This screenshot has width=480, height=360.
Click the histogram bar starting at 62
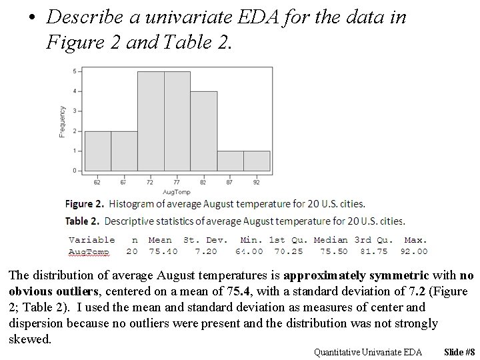click(x=98, y=151)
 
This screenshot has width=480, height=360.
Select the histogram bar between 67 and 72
click(x=124, y=151)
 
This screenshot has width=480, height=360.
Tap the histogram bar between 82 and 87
click(x=230, y=161)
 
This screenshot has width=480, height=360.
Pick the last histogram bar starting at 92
click(x=257, y=161)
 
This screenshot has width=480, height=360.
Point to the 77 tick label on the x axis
click(x=177, y=181)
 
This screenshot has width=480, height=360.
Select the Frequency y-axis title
click(x=63, y=121)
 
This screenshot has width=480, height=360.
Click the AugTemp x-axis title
click(x=177, y=191)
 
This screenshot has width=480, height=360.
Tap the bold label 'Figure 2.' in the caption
click(x=85, y=204)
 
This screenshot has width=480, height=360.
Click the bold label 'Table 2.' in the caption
click(x=82, y=221)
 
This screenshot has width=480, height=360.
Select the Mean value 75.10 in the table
click(x=160, y=251)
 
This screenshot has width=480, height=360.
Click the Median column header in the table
click(x=331, y=239)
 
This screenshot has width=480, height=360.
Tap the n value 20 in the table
click(x=132, y=251)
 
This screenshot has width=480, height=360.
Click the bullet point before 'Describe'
click(x=31, y=18)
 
